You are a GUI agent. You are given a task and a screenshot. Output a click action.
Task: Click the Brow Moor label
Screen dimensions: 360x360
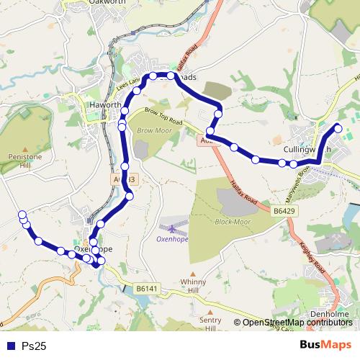[151, 131]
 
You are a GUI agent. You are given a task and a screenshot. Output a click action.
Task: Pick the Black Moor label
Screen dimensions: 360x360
[231, 221]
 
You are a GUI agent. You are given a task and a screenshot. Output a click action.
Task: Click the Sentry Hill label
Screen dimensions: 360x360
[210, 323]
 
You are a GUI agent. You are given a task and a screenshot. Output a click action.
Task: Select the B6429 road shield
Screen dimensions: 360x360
[284, 210]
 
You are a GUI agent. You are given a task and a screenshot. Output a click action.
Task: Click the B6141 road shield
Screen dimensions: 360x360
[146, 288]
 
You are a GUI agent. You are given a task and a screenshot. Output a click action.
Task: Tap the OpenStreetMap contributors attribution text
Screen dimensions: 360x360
[297, 323]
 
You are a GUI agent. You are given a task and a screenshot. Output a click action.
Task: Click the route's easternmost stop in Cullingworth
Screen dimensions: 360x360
[338, 128]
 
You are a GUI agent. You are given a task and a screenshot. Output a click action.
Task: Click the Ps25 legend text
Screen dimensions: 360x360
[34, 346]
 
